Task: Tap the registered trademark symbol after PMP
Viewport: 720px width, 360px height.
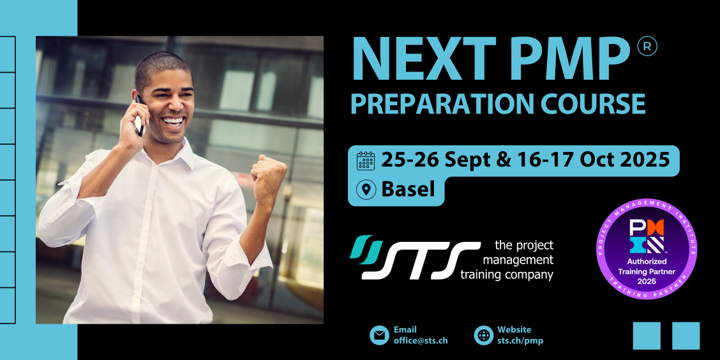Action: (647, 46)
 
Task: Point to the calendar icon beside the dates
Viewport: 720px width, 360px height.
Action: (366, 161)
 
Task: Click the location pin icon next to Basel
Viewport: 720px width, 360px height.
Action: (366, 189)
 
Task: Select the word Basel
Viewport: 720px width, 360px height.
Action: (408, 189)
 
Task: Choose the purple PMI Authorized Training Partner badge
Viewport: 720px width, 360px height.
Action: (647, 249)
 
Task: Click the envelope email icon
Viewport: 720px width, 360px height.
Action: (379, 335)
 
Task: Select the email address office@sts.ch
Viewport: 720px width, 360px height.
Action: (421, 341)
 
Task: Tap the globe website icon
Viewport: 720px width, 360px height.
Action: (484, 335)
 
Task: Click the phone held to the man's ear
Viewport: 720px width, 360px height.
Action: (139, 117)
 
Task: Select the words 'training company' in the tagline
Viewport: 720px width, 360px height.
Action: (506, 276)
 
